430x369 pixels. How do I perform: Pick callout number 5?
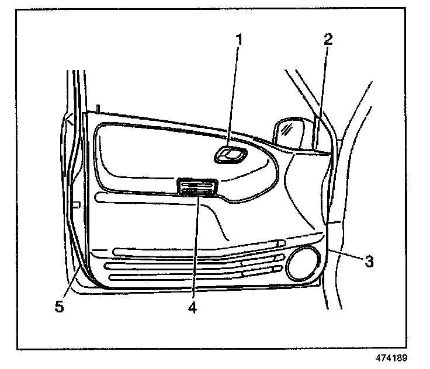tap(59, 305)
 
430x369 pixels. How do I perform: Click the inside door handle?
tap(231, 155)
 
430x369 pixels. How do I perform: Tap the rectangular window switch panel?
tap(198, 188)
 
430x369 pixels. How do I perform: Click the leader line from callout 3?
tap(345, 255)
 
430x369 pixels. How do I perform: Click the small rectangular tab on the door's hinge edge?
tap(75, 204)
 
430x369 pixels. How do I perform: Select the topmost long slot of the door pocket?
tap(199, 250)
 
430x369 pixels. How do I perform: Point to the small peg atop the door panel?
tap(99, 108)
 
